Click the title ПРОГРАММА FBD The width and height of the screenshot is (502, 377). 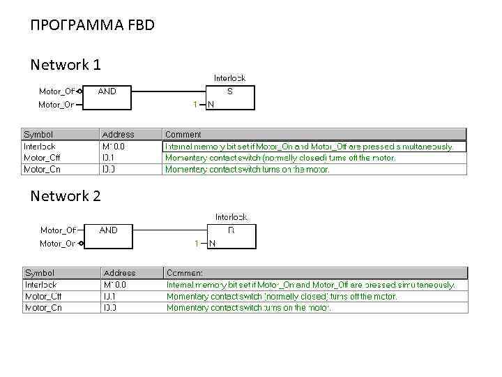coord(92,26)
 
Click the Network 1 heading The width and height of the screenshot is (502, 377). coord(66,65)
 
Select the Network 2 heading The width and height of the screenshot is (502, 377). coord(66,196)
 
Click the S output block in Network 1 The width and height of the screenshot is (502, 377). coord(230,97)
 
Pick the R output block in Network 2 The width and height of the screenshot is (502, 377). coord(231,236)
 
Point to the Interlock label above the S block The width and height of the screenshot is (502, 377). coord(229,78)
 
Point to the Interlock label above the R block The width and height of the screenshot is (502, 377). coord(231,217)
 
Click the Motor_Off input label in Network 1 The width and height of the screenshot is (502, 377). coord(56,91)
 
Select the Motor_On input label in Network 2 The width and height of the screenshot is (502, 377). coord(57,244)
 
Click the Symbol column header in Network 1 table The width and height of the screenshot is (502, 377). coord(38,134)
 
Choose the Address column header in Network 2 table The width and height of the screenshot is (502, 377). coord(119,273)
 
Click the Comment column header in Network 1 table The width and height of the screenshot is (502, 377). coord(183,134)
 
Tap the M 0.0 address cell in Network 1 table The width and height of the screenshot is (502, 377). coord(114,147)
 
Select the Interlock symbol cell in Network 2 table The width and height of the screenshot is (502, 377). coord(40,285)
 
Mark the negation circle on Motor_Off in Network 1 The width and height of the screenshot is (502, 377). coord(81,91)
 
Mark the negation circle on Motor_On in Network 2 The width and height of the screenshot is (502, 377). coord(82,244)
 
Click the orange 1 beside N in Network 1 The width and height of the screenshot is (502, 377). coord(195,105)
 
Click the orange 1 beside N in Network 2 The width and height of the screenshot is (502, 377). coord(196,244)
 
